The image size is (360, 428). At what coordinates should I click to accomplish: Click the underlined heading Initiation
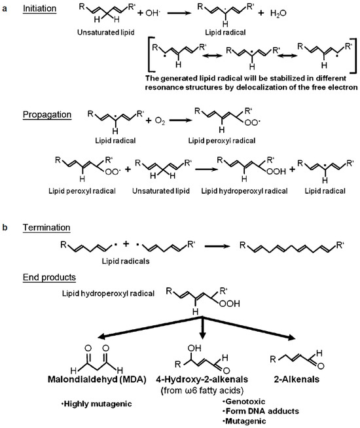click(39, 9)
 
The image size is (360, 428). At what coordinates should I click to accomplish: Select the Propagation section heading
click(47, 115)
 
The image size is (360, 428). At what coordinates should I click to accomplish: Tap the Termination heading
click(46, 227)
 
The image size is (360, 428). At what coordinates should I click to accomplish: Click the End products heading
click(49, 277)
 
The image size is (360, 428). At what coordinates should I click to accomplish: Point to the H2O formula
click(278, 13)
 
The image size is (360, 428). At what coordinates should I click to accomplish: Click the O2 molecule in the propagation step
click(160, 120)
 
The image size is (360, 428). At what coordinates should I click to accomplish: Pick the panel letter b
click(5, 227)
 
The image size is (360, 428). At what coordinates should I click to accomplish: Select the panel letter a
click(5, 9)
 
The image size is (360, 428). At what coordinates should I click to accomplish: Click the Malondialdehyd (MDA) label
click(97, 380)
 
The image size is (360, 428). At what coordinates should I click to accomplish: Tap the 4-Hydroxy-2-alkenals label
click(202, 380)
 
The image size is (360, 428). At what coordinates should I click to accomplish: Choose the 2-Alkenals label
click(297, 380)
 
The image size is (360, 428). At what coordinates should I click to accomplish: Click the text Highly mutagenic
click(96, 404)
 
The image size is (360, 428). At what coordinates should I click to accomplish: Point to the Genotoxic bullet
click(244, 401)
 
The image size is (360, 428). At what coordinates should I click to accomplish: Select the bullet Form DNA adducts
click(261, 411)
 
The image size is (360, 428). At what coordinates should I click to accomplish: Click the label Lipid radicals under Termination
click(126, 261)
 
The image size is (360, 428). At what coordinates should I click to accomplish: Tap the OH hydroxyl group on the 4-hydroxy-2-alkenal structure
click(194, 348)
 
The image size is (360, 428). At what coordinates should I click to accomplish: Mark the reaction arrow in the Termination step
click(217, 246)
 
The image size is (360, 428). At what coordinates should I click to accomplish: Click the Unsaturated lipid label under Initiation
click(106, 33)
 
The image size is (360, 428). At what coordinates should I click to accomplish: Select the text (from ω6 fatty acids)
click(202, 391)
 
